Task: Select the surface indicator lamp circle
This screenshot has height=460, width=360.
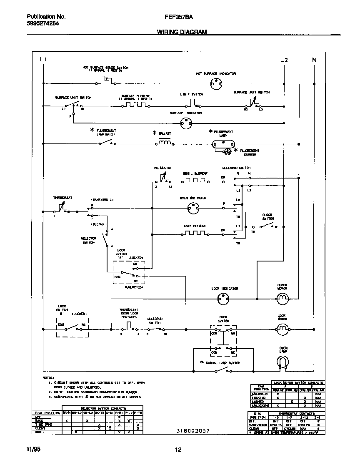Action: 186,123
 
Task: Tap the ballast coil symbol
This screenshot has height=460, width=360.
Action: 164,143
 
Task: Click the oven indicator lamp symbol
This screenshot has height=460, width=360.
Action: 192,207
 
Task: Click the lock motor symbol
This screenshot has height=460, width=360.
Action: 282,329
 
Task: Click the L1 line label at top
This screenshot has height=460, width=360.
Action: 43,60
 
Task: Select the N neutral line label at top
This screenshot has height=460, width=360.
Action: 314,60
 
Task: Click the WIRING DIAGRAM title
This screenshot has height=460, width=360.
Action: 182,32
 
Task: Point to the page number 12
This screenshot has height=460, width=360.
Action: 178,450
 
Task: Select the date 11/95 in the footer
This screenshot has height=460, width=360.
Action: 26,449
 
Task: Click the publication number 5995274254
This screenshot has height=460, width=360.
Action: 37,24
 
